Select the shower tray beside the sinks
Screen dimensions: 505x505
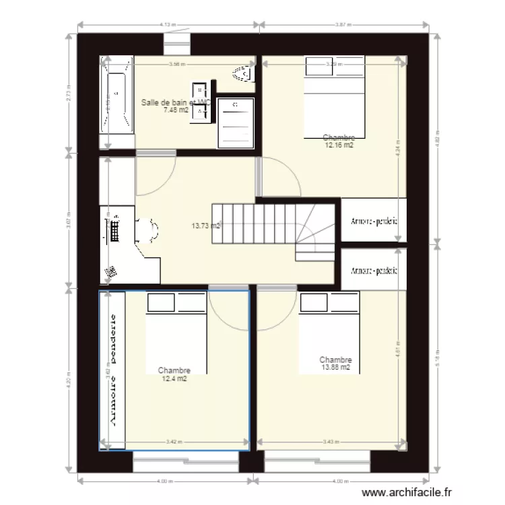[236, 122]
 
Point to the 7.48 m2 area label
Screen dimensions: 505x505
[176, 110]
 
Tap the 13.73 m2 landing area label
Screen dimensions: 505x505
[206, 226]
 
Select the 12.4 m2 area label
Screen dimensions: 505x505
[174, 378]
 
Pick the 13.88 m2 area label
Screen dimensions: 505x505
[335, 368]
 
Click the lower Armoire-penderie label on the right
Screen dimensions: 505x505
[374, 271]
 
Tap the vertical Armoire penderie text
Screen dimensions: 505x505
[113, 370]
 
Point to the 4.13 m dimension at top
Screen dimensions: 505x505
[168, 25]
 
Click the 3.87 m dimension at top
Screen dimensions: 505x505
[343, 25]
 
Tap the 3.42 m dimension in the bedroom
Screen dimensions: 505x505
[173, 442]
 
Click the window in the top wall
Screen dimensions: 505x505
[178, 45]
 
